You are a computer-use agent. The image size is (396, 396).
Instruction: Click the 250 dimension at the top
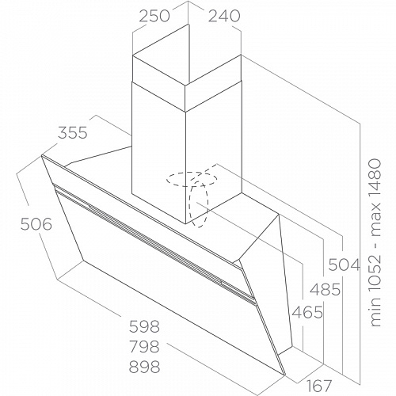(154, 16)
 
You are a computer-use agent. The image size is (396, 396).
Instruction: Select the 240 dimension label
(224, 16)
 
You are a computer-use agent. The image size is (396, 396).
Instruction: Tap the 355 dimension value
(73, 132)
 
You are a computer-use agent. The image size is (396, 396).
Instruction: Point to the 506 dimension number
(36, 225)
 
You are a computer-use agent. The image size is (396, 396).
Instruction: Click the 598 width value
(144, 326)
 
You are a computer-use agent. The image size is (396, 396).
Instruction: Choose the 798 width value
(144, 346)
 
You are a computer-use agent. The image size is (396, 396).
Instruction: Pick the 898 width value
(144, 367)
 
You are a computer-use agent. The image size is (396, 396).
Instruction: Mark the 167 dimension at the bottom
(318, 386)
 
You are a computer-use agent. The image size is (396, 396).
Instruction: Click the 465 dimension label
(307, 312)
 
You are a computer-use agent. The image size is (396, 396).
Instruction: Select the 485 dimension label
(325, 290)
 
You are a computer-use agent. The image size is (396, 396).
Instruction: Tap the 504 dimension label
(345, 265)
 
